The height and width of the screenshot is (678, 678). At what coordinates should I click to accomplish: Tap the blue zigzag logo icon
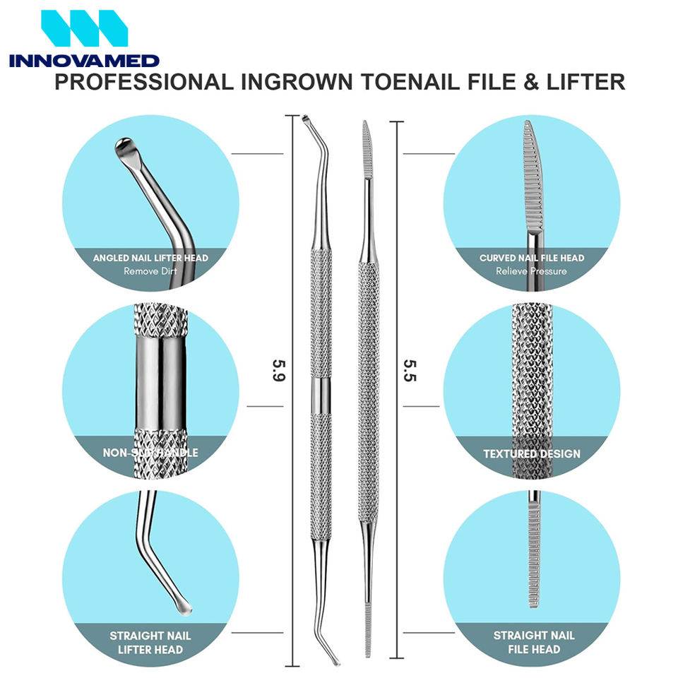84,28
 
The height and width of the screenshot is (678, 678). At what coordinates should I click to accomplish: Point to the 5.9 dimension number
279,370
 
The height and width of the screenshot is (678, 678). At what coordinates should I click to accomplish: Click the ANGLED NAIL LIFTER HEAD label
150,258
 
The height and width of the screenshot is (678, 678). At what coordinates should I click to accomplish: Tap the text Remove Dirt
150,270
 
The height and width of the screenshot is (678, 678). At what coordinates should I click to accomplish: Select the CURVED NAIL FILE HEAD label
531,258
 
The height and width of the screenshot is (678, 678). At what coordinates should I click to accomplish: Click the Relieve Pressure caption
531,270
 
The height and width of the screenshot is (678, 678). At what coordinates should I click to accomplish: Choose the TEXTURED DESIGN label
531,453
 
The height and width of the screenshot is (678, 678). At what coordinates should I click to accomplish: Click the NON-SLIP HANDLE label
150,453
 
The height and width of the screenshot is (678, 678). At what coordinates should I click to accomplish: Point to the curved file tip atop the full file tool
366,138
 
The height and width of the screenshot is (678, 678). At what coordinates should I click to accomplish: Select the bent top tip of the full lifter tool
307,121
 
